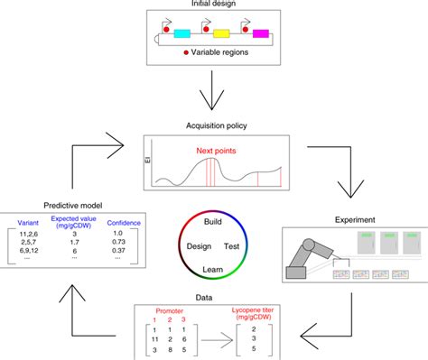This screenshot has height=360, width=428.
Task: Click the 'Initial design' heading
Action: [x=214, y=5]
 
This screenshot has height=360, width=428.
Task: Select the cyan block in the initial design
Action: [x=181, y=33]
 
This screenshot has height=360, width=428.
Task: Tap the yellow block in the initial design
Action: [x=220, y=33]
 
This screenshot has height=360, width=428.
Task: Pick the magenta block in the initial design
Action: [x=261, y=33]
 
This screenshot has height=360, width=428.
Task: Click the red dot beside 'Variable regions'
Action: [x=186, y=53]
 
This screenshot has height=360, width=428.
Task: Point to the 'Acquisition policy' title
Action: [x=214, y=125]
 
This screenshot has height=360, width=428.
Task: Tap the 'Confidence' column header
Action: [x=125, y=223]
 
